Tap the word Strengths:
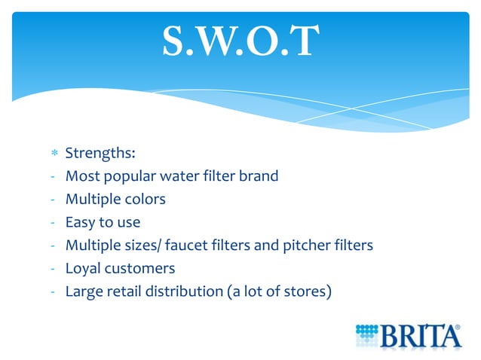pos(100,153)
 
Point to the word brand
pos(259,176)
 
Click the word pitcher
pos(311,246)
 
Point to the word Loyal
pos(84,268)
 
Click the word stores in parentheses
pos(305,291)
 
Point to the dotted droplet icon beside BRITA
pos(367,333)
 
